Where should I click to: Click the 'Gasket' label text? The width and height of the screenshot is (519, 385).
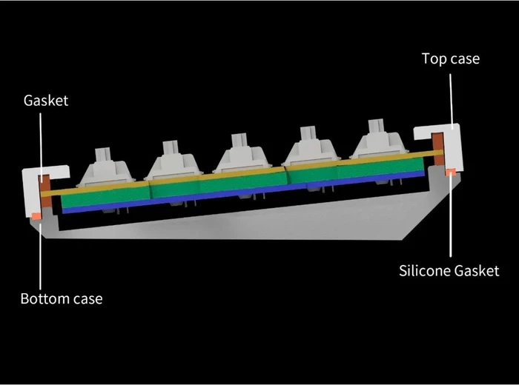tap(46, 101)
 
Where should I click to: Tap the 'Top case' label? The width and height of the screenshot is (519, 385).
tap(451, 58)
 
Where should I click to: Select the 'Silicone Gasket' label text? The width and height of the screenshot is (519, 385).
tap(449, 271)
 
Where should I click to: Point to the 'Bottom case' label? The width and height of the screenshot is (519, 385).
tap(62, 299)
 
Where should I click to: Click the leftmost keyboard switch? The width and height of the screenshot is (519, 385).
tap(106, 168)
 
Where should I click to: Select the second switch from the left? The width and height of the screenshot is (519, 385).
tap(173, 161)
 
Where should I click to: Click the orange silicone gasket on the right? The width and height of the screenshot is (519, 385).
tap(450, 172)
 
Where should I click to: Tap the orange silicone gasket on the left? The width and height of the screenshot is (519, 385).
tap(36, 215)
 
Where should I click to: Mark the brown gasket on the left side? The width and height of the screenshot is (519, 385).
tap(45, 191)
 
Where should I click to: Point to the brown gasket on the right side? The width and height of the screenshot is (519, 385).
tap(439, 148)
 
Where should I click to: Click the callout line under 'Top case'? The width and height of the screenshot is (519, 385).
tap(451, 101)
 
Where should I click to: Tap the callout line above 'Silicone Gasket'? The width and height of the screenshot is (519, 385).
tap(450, 214)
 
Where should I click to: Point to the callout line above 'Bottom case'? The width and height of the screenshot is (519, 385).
tap(40, 255)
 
